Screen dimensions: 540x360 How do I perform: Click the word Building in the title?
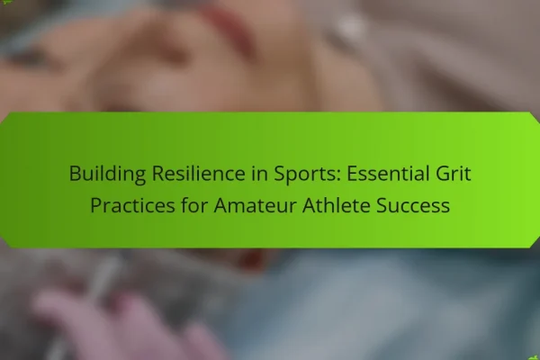pyautogui.click(x=107, y=174)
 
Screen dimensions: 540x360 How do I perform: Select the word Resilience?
pyautogui.click(x=198, y=173)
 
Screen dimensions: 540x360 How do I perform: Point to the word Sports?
pyautogui.click(x=307, y=174)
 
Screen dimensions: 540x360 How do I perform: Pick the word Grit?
pyautogui.click(x=454, y=173)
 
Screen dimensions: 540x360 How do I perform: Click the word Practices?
pyautogui.click(x=132, y=205)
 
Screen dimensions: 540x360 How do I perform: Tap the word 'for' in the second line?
pyautogui.click(x=194, y=205)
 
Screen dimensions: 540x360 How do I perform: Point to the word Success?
pyautogui.click(x=413, y=205)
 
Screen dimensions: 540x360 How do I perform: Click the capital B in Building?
pyautogui.click(x=75, y=174)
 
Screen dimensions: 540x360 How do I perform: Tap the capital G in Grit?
pyautogui.click(x=443, y=174)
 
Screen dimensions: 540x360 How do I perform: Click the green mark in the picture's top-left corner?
pyautogui.click(x=4, y=3)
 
